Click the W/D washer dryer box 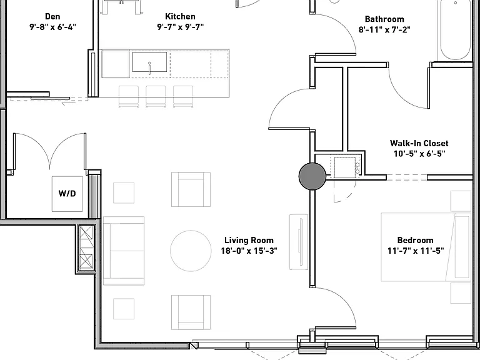click(x=67, y=194)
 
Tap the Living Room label click(x=249, y=240)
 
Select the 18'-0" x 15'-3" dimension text click(x=249, y=251)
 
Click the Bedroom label click(x=416, y=240)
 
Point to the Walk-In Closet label click(x=419, y=143)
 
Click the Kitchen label click(x=180, y=16)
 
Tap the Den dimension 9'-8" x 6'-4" click(x=52, y=27)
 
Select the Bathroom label click(x=384, y=19)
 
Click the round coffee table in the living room click(x=191, y=251)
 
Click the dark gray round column click(x=312, y=176)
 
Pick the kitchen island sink click(x=149, y=62)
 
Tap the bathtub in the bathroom click(x=455, y=30)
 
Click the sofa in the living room click(x=124, y=251)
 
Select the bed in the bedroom click(x=426, y=247)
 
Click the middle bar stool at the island click(x=156, y=96)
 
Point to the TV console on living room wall click(x=299, y=242)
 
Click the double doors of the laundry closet click(x=49, y=151)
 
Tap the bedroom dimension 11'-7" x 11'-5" click(x=416, y=251)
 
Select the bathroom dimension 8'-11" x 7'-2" click(x=384, y=30)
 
